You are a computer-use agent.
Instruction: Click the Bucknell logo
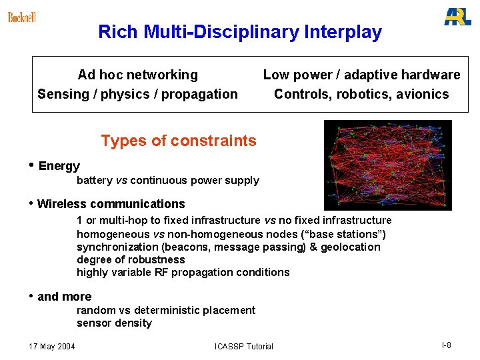click(21, 17)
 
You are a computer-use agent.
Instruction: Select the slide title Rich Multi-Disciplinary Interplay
click(240, 32)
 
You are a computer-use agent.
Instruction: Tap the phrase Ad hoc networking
click(137, 75)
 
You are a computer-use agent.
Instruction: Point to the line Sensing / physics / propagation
click(137, 94)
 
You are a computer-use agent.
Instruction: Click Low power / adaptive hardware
click(361, 75)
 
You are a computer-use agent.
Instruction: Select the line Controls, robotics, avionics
click(361, 94)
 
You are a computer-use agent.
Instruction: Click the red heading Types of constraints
click(178, 141)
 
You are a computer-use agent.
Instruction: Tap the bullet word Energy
click(59, 166)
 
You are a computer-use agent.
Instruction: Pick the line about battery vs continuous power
click(167, 181)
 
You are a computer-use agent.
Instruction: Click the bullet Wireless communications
click(111, 204)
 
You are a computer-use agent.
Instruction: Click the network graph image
click(387, 165)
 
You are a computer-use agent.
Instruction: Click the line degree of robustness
click(131, 259)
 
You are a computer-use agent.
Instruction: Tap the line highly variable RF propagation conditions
click(183, 272)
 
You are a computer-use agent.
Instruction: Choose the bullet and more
click(64, 297)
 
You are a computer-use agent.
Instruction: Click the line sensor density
click(114, 323)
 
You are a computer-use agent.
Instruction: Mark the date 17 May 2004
click(52, 346)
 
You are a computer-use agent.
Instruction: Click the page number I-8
click(446, 345)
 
